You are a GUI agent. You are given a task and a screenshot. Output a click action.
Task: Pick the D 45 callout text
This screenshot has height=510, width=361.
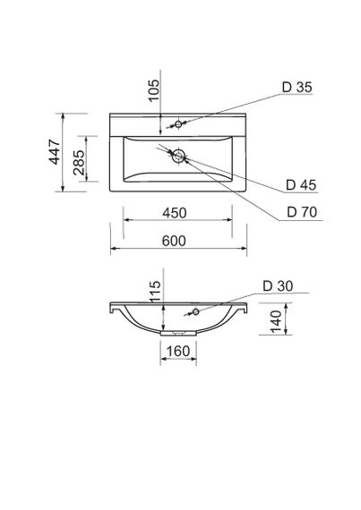301,185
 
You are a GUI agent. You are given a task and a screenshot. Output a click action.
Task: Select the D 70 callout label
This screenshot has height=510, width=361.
303,212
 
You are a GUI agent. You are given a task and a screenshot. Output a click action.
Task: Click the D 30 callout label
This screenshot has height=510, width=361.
279,285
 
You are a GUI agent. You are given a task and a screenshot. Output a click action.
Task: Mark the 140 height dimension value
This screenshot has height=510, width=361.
277,319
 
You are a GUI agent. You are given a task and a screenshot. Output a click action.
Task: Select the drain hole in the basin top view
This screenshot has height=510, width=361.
178,156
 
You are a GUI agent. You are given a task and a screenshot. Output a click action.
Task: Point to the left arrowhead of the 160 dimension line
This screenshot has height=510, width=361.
163,362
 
